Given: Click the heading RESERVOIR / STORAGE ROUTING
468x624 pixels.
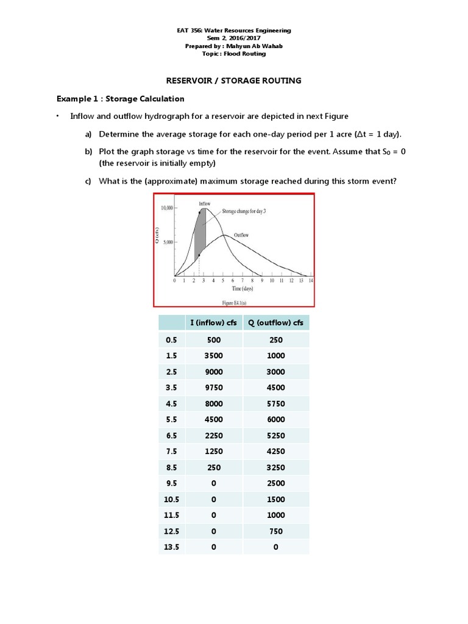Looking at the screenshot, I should [234, 80].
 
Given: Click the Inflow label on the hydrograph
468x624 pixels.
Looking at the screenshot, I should [205, 203].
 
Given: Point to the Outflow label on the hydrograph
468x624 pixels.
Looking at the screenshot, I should [241, 234].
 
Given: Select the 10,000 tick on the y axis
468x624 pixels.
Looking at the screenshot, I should [167, 208].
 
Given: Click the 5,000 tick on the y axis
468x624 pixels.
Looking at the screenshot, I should [169, 242].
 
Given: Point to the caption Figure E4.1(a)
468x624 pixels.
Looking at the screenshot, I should [234, 301].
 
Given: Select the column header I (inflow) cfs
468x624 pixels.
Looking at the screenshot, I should [214, 323].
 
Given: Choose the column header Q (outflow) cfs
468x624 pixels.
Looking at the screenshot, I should [275, 323].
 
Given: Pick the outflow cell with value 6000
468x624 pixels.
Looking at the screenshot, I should [275, 419].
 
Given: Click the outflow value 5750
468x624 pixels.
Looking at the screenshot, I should [275, 403].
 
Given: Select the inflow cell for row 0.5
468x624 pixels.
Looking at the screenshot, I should [214, 339].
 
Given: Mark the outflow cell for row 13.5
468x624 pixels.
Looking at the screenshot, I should [275, 547].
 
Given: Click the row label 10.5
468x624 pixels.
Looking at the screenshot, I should [171, 498].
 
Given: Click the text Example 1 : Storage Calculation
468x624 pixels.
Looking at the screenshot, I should [120, 99].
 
